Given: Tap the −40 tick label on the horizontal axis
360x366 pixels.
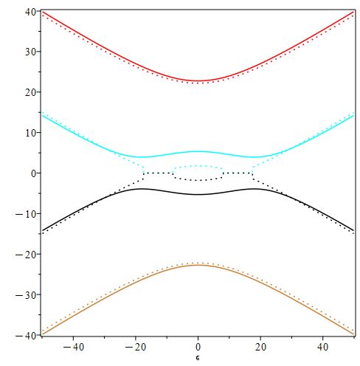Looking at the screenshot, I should click(x=72, y=346).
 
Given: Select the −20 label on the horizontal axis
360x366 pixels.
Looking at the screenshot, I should click(x=135, y=346).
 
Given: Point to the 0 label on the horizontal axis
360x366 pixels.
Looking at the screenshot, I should click(x=198, y=346).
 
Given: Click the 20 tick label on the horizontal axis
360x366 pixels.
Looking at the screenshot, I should click(x=260, y=346).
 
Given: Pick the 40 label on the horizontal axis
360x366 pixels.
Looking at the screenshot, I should click(x=323, y=346).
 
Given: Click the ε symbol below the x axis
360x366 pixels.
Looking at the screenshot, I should click(x=198, y=358).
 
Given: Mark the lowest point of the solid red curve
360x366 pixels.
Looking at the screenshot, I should click(x=198, y=80).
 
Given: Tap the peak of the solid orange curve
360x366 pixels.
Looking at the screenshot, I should click(x=198, y=266).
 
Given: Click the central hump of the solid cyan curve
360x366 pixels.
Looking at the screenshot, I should click(x=198, y=151).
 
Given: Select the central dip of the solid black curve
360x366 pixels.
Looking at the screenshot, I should click(x=198, y=195).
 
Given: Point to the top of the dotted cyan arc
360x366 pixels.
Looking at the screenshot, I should click(x=198, y=166).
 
